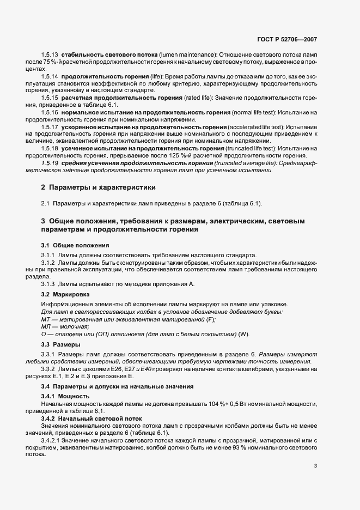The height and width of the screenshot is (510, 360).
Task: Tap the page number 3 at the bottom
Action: coord(316,466)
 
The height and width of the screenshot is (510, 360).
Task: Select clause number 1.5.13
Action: coord(50,56)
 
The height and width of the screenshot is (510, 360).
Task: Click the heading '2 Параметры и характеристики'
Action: coord(98,187)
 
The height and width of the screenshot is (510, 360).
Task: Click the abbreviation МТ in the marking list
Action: coord(45,319)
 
